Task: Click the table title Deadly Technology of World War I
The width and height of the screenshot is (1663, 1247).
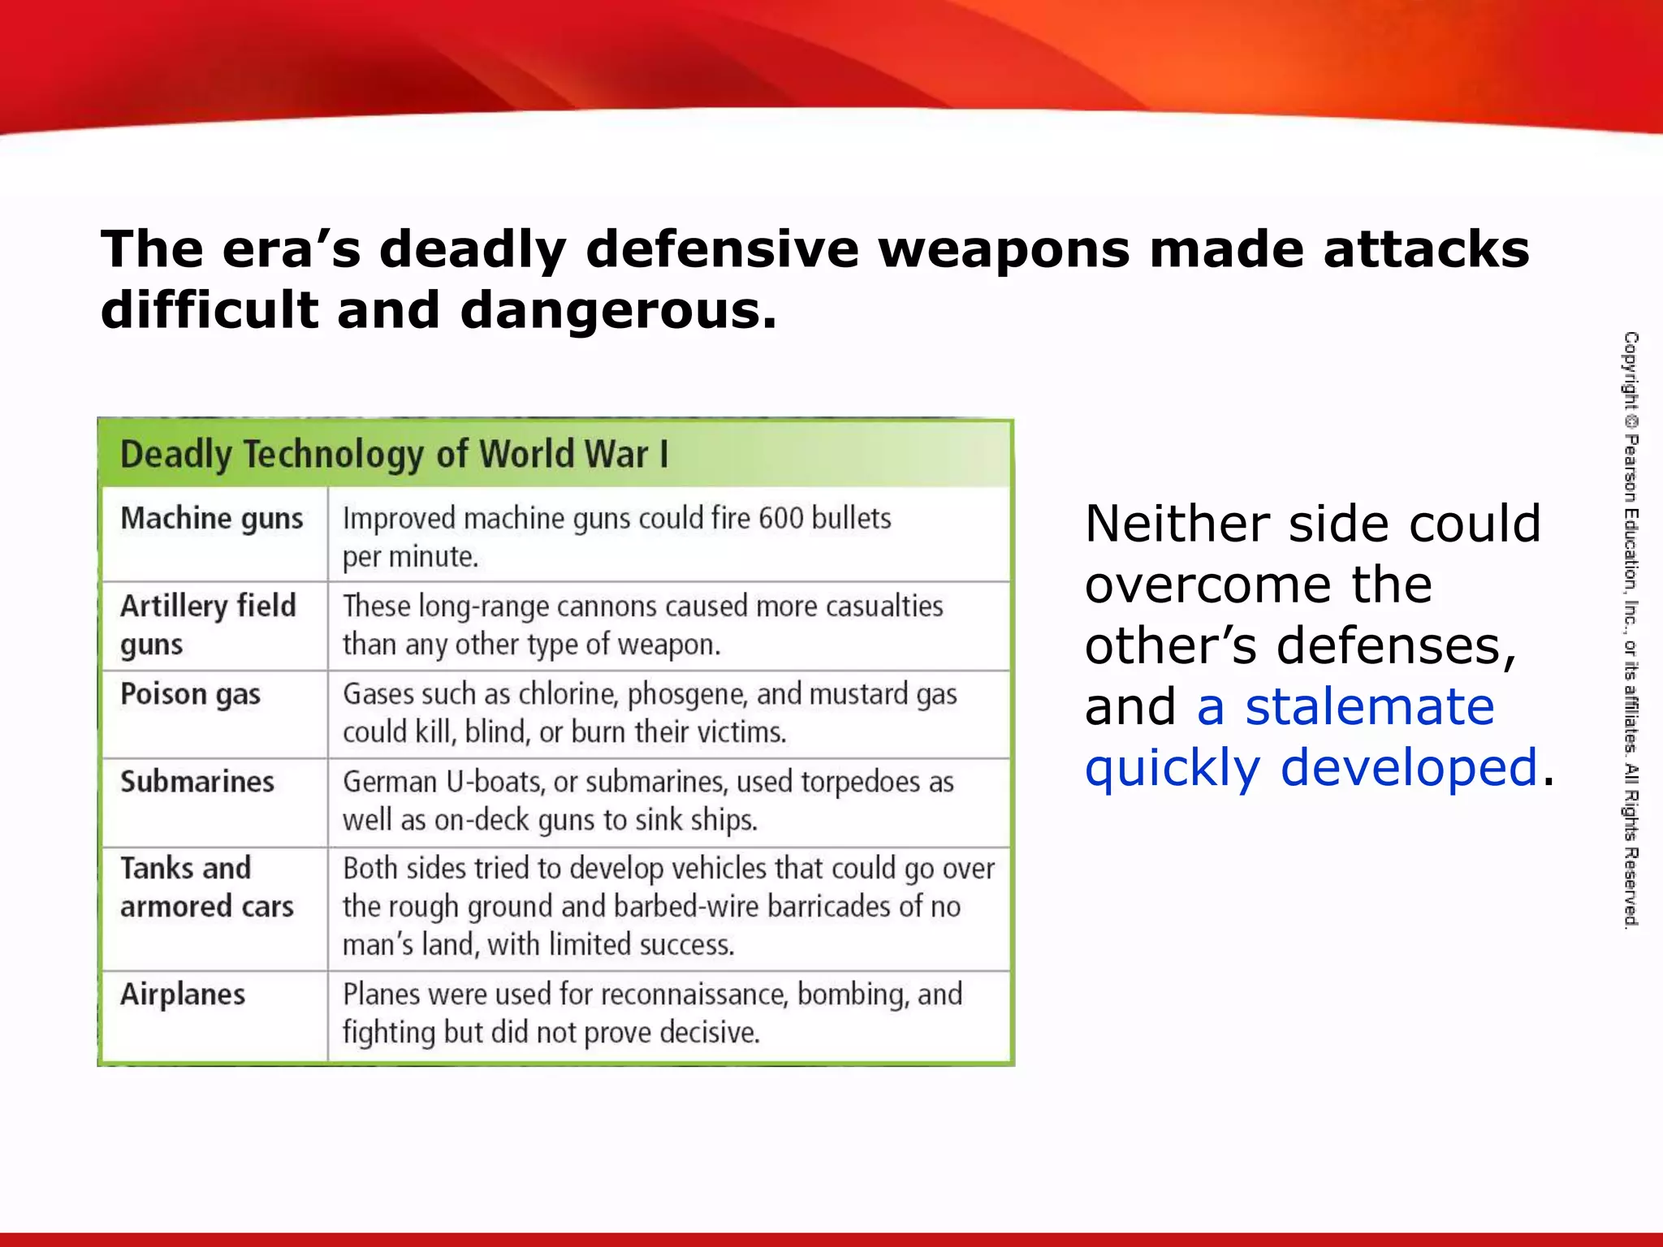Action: click(x=394, y=455)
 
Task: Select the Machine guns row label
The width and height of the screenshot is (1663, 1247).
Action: click(x=212, y=519)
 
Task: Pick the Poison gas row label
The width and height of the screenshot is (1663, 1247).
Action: click(x=190, y=695)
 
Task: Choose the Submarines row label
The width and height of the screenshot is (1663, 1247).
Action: click(x=197, y=782)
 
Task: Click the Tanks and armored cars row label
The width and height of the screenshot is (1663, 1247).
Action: click(x=206, y=887)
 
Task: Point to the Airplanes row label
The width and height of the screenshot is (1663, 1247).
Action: click(x=183, y=995)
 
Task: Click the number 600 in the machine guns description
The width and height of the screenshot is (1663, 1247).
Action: click(x=780, y=519)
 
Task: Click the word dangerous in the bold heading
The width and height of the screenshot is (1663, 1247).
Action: click(x=618, y=311)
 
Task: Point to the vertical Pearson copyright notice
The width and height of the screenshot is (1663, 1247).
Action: click(x=1631, y=629)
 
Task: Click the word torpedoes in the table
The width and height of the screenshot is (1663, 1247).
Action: click(x=862, y=782)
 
